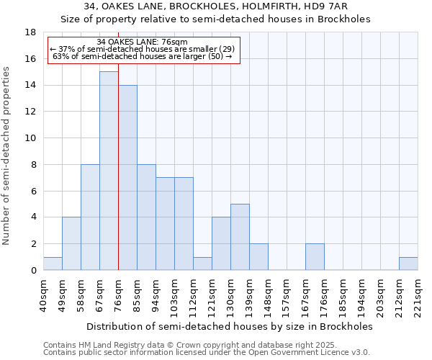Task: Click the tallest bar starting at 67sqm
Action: pyautogui.click(x=109, y=171)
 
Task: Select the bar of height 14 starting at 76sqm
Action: pyautogui.click(x=127, y=177)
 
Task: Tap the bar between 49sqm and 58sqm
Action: pyautogui.click(x=71, y=243)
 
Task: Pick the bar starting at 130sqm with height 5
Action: pyautogui.click(x=240, y=237)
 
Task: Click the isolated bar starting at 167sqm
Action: pyautogui.click(x=315, y=256)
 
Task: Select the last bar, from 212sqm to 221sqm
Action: pyautogui.click(x=408, y=264)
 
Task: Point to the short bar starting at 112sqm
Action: pyautogui.click(x=202, y=264)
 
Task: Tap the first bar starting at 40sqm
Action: pyautogui.click(x=53, y=264)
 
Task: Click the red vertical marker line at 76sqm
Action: pyautogui.click(x=118, y=166)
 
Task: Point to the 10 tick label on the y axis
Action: pyautogui.click(x=30, y=138)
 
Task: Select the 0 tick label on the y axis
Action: pyautogui.click(x=33, y=271)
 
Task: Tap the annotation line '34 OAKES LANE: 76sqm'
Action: pyautogui.click(x=142, y=42)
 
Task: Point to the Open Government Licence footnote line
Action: pyautogui.click(x=207, y=353)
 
